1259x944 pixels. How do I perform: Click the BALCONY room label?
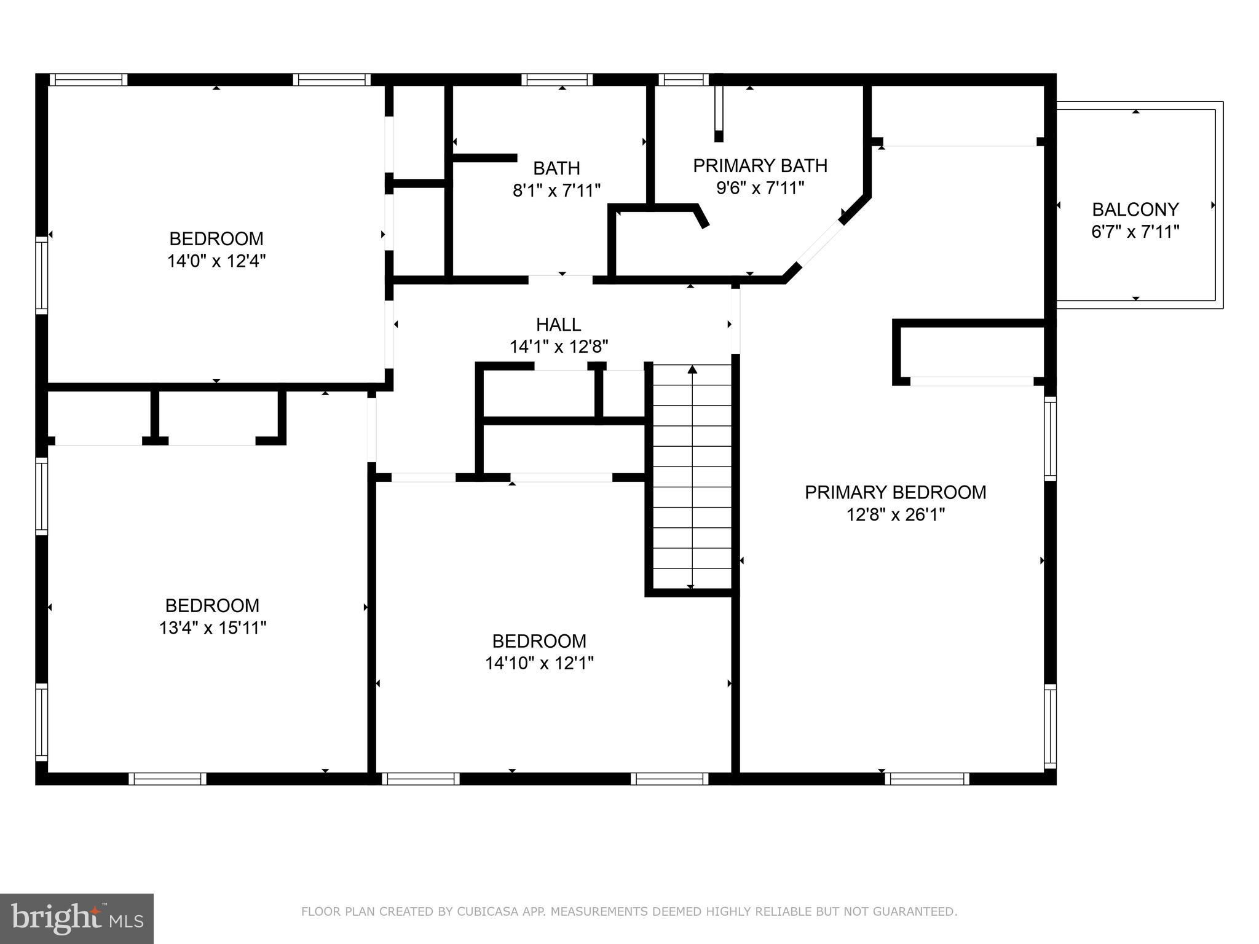click(x=1135, y=210)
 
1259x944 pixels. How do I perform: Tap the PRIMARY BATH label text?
click(x=760, y=166)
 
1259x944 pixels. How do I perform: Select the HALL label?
click(x=558, y=324)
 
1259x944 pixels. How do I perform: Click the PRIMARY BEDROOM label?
click(x=896, y=492)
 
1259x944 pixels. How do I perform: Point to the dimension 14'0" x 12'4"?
click(x=216, y=261)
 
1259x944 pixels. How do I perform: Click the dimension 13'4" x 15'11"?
click(x=213, y=628)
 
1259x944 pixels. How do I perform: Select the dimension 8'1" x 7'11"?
click(x=556, y=191)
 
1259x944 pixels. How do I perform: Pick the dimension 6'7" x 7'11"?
click(x=1135, y=232)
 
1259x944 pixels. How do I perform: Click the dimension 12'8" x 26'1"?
click(x=896, y=514)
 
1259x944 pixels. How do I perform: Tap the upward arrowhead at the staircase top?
click(x=692, y=369)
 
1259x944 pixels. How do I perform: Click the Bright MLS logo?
click(x=77, y=918)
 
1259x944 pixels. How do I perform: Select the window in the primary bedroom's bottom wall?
click(x=927, y=779)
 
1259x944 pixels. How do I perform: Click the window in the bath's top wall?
click(x=557, y=79)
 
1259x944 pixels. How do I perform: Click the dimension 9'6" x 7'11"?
click(x=760, y=188)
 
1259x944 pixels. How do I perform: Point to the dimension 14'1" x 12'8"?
click(x=559, y=347)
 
